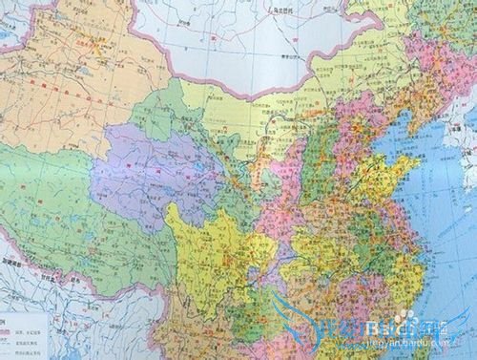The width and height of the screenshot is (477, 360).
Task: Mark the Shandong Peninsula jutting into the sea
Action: point(405,172)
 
